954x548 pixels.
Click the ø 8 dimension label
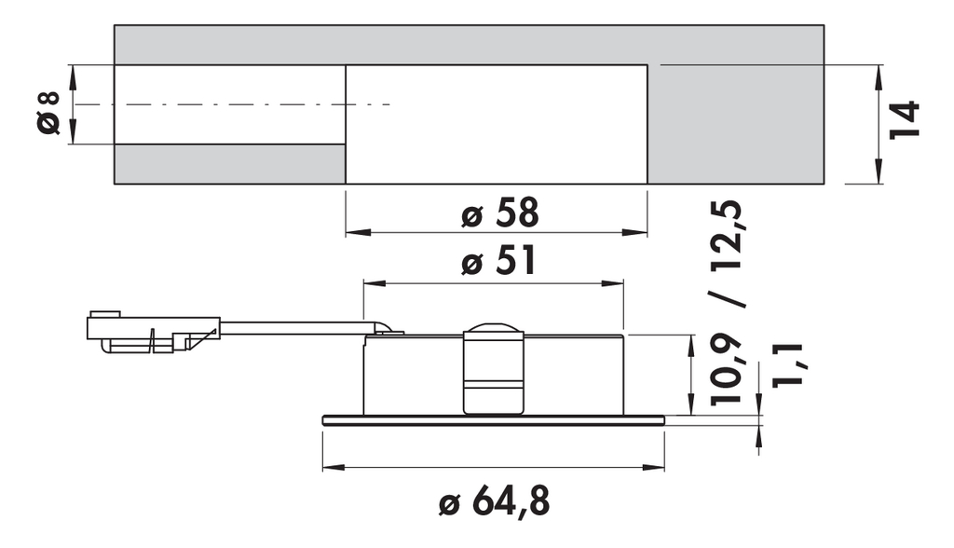click(x=48, y=113)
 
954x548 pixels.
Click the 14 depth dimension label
click(x=904, y=120)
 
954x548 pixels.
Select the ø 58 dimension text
click(x=500, y=213)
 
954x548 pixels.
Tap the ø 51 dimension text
click(x=499, y=261)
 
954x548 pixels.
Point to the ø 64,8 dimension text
click(x=494, y=501)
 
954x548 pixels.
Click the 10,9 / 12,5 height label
click(x=727, y=302)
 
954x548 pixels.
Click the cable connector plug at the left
click(x=154, y=333)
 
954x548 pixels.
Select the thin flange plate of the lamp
click(x=494, y=420)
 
